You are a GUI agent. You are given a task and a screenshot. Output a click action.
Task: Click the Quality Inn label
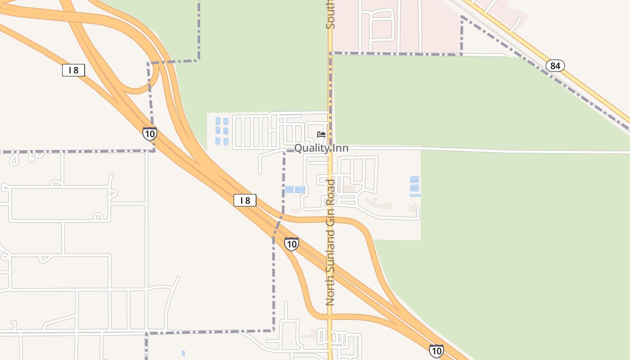pyautogui.click(x=321, y=148)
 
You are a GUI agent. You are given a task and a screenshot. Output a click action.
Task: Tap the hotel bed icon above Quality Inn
pyautogui.click(x=321, y=134)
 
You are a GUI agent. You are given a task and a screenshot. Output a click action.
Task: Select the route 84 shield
pyautogui.click(x=555, y=66)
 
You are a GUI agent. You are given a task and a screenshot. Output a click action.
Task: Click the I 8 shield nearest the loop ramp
pyautogui.click(x=73, y=70)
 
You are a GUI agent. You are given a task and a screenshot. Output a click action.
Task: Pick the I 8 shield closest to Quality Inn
pyautogui.click(x=245, y=200)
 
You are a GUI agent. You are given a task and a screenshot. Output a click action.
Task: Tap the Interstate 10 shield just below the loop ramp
pyautogui.click(x=150, y=134)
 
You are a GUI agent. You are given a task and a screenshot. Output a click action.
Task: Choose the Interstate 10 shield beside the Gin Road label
pyautogui.click(x=292, y=244)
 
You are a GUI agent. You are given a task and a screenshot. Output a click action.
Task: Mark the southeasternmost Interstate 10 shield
pyautogui.click(x=436, y=351)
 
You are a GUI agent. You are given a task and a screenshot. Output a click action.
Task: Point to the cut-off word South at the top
pyautogui.click(x=330, y=14)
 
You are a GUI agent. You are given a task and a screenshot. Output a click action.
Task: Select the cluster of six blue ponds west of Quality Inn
pyautogui.click(x=222, y=131)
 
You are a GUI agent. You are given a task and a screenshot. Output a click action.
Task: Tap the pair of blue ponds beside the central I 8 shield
pyautogui.click(x=295, y=190)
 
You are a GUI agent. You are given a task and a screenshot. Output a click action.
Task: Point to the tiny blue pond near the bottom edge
pyautogui.click(x=183, y=353)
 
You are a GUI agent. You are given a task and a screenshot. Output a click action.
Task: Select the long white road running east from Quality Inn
pyautogui.click(x=495, y=149)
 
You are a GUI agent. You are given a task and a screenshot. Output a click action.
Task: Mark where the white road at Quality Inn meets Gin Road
pyautogui.click(x=330, y=148)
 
